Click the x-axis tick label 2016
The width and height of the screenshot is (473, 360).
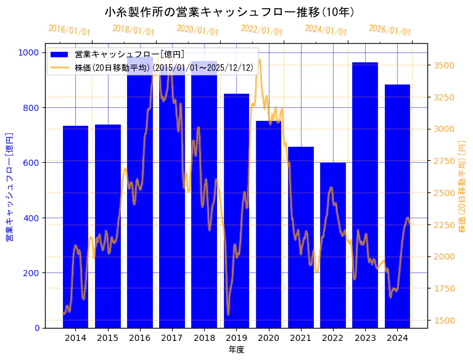140,338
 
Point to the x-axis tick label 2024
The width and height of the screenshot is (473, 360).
397,338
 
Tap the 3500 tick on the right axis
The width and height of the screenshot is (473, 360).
445,65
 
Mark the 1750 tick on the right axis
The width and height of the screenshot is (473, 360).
445,288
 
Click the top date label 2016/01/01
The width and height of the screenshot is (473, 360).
69,30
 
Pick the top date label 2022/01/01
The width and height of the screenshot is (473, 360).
261,30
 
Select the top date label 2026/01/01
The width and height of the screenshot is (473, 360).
390,30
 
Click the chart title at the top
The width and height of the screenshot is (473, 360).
229,12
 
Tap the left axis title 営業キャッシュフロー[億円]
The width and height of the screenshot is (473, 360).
10,186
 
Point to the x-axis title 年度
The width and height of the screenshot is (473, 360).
236,350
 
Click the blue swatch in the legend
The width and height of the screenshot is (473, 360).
60,55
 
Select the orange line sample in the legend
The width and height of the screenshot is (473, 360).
60,67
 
